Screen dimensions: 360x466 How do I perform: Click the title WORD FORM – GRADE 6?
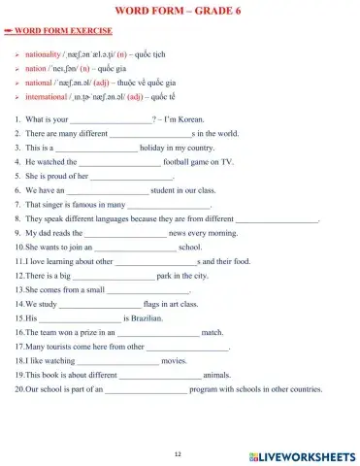point(179,11)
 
